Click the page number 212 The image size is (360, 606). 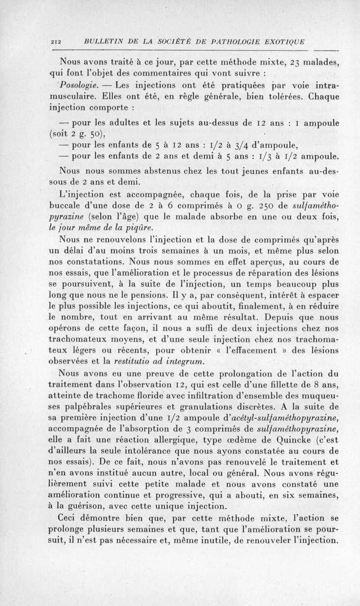pyautogui.click(x=56, y=42)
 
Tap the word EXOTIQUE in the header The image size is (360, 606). pyautogui.click(x=280, y=42)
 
